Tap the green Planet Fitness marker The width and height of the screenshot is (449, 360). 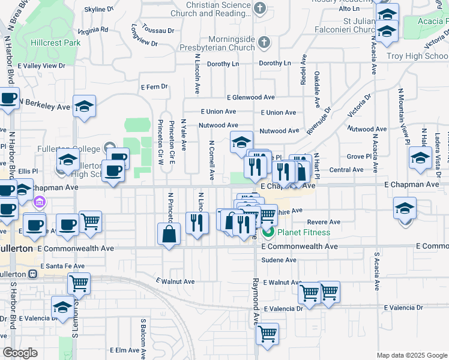tap(268, 232)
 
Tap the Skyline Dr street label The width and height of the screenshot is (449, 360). tap(99, 10)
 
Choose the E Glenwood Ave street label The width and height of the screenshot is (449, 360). tap(250, 97)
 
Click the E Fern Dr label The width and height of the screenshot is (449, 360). tap(154, 86)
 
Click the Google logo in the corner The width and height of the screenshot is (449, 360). tap(20, 353)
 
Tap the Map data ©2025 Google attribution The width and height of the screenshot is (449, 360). tap(412, 355)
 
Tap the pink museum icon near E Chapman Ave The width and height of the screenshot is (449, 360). tap(40, 202)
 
